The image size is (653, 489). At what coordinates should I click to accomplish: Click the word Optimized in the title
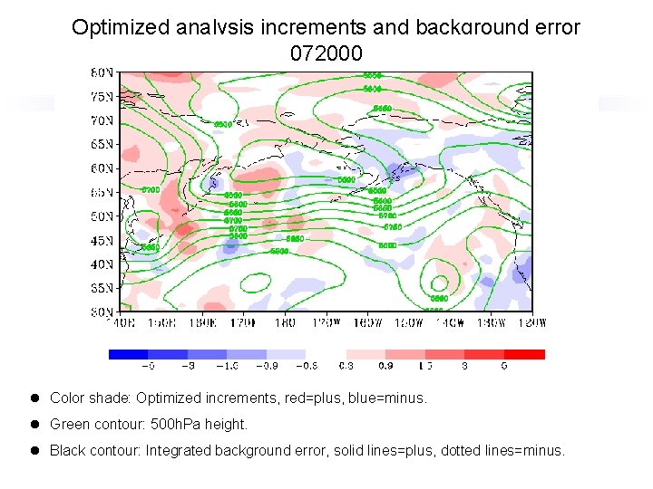click(117, 27)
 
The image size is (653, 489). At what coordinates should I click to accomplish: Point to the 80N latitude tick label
click(102, 72)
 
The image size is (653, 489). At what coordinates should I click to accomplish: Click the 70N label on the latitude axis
click(102, 120)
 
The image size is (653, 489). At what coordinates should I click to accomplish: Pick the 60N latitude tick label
click(102, 168)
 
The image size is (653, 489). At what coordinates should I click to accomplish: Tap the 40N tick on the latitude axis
click(102, 264)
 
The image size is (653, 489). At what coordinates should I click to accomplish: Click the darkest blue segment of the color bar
click(128, 354)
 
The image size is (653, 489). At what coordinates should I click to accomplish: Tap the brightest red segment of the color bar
click(525, 354)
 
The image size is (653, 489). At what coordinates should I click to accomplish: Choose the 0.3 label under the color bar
click(346, 367)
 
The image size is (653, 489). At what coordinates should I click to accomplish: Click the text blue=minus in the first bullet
click(391, 398)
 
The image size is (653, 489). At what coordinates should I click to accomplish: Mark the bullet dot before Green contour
click(34, 424)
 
